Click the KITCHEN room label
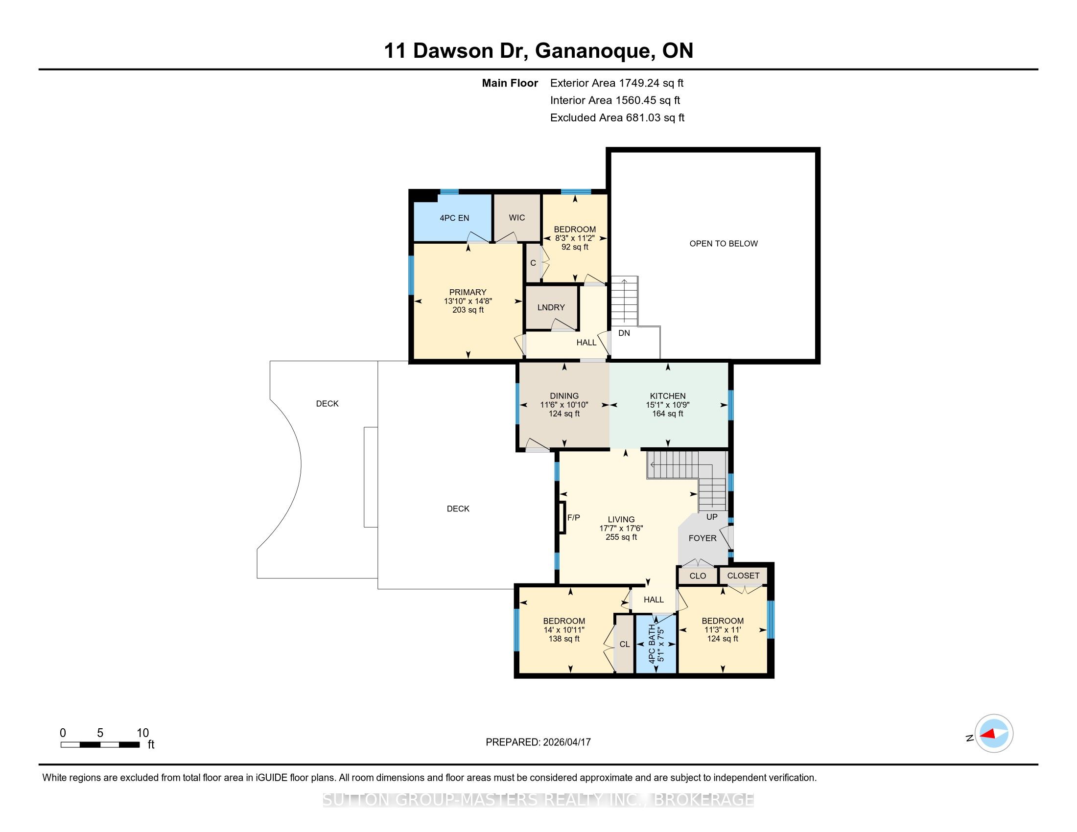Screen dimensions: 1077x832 668,396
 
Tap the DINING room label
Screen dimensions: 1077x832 564,396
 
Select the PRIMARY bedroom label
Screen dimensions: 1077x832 468,292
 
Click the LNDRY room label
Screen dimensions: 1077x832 551,307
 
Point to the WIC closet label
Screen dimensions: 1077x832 517,217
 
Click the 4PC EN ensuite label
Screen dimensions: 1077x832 454,218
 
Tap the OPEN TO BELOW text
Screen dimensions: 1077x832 724,244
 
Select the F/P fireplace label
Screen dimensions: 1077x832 574,517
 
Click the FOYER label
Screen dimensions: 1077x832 702,538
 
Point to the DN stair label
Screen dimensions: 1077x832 624,333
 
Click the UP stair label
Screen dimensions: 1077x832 712,516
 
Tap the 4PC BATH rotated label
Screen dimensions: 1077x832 652,644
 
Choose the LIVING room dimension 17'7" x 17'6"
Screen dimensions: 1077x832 621,529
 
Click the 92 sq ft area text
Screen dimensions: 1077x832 575,247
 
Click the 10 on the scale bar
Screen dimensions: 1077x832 142,733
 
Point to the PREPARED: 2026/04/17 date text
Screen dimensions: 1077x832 538,742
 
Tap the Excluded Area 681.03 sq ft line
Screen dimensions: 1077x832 617,118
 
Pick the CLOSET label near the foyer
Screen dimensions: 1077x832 743,576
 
